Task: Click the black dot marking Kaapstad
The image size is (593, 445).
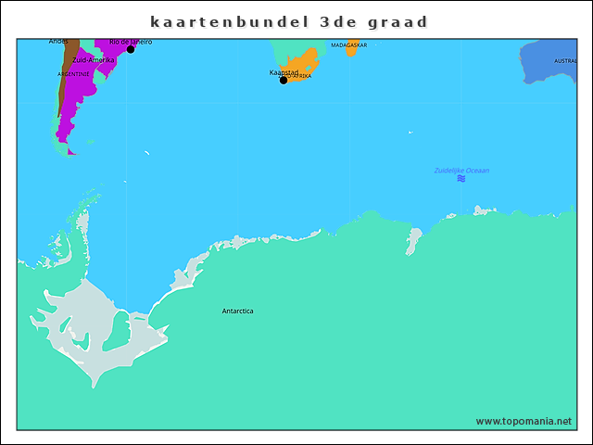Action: tap(284, 80)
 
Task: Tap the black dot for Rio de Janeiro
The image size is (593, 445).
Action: tap(131, 49)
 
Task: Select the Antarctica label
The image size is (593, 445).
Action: tap(237, 311)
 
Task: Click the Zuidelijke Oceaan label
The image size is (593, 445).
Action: tap(461, 171)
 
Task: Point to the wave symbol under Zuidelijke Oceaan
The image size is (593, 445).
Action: tap(461, 179)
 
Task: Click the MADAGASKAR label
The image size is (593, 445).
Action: tap(348, 44)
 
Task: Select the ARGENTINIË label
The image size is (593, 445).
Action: tap(73, 73)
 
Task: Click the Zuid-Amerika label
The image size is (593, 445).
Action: tap(94, 59)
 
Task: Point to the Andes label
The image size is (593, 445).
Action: tap(58, 42)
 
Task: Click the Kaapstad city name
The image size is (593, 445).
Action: tap(284, 71)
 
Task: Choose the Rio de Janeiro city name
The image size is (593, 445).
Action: tap(131, 42)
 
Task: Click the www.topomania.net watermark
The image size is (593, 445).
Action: tap(524, 421)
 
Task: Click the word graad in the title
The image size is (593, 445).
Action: tap(404, 21)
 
